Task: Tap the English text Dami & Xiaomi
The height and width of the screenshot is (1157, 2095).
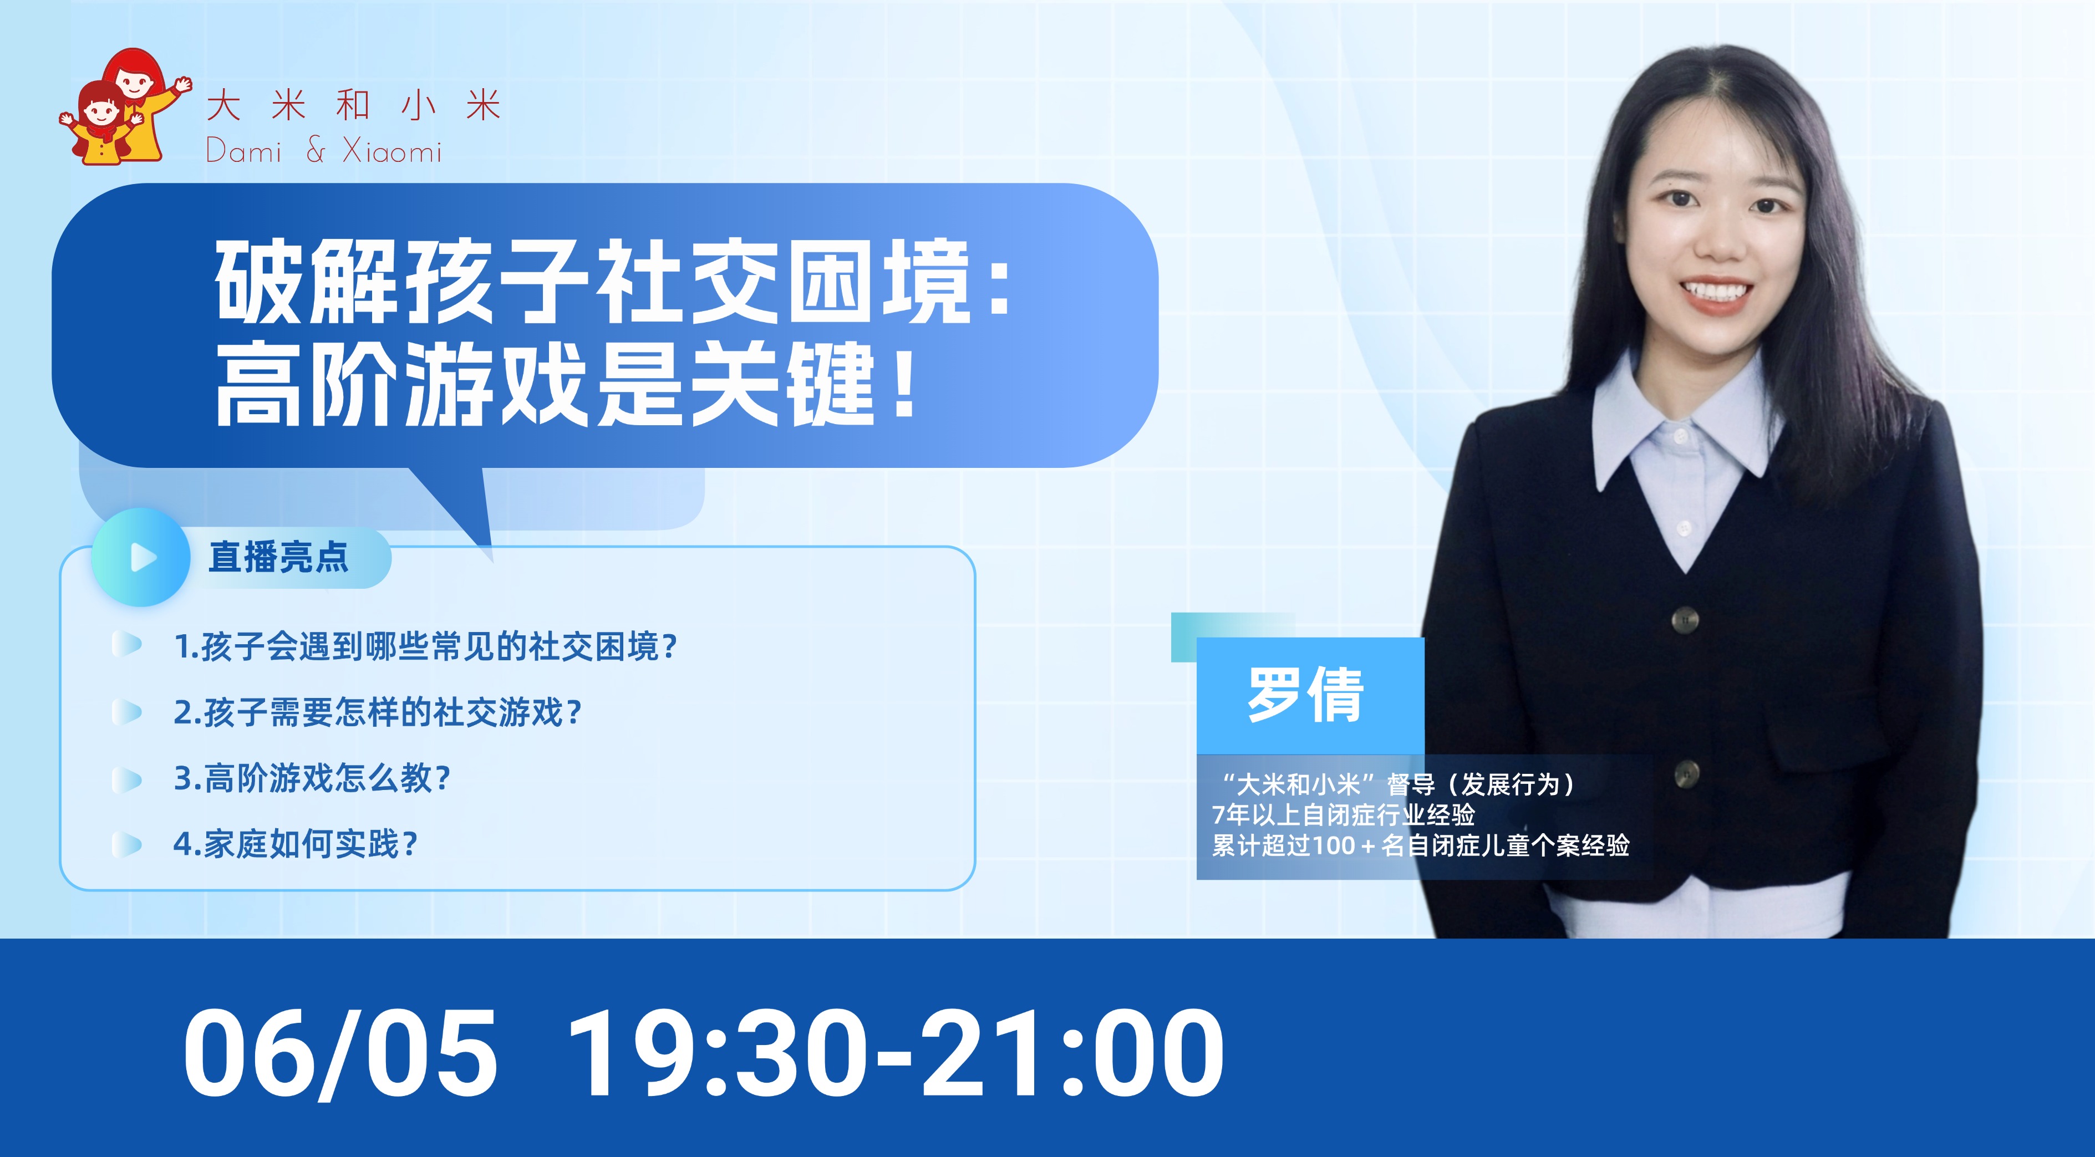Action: [324, 151]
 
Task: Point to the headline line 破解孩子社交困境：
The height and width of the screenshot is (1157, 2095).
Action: [612, 281]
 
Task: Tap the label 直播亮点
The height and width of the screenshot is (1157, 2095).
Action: [278, 557]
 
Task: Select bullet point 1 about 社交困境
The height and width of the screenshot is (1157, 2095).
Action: [425, 647]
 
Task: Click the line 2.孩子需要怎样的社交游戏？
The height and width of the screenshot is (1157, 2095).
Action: [378, 712]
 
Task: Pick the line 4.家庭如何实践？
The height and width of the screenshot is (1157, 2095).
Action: [295, 844]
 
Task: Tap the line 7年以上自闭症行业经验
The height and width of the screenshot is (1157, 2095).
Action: [1343, 815]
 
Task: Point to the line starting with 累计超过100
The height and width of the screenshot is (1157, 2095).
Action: [1421, 845]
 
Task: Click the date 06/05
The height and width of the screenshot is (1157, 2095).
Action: [340, 1052]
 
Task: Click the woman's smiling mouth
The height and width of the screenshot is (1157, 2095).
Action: [1716, 292]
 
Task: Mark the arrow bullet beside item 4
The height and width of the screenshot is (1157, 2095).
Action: [127, 845]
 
